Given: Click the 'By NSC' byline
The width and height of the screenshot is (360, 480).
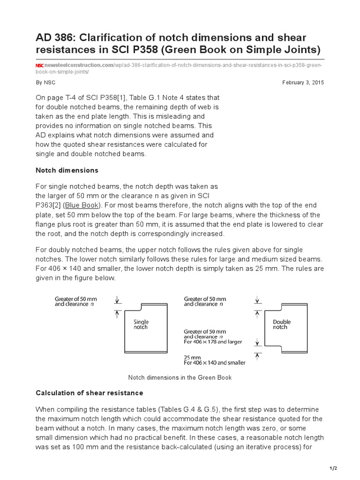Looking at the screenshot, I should tap(45, 82).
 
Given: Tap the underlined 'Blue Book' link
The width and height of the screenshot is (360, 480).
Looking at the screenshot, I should tap(78, 205).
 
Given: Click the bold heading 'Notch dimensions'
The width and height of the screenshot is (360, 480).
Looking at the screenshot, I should tap(67, 170).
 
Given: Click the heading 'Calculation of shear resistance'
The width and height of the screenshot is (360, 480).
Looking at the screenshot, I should tap(90, 392).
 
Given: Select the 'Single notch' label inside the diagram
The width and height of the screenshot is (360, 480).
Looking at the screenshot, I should tap(141, 324).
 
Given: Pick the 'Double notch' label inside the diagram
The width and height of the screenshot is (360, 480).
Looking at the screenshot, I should tap(282, 324).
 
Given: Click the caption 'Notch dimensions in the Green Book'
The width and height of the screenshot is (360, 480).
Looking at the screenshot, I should tap(180, 377).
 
